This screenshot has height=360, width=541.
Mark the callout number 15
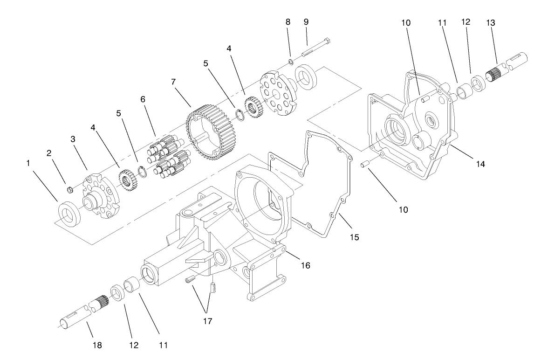tap(355, 237)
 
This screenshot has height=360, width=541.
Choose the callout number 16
tap(305, 265)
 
